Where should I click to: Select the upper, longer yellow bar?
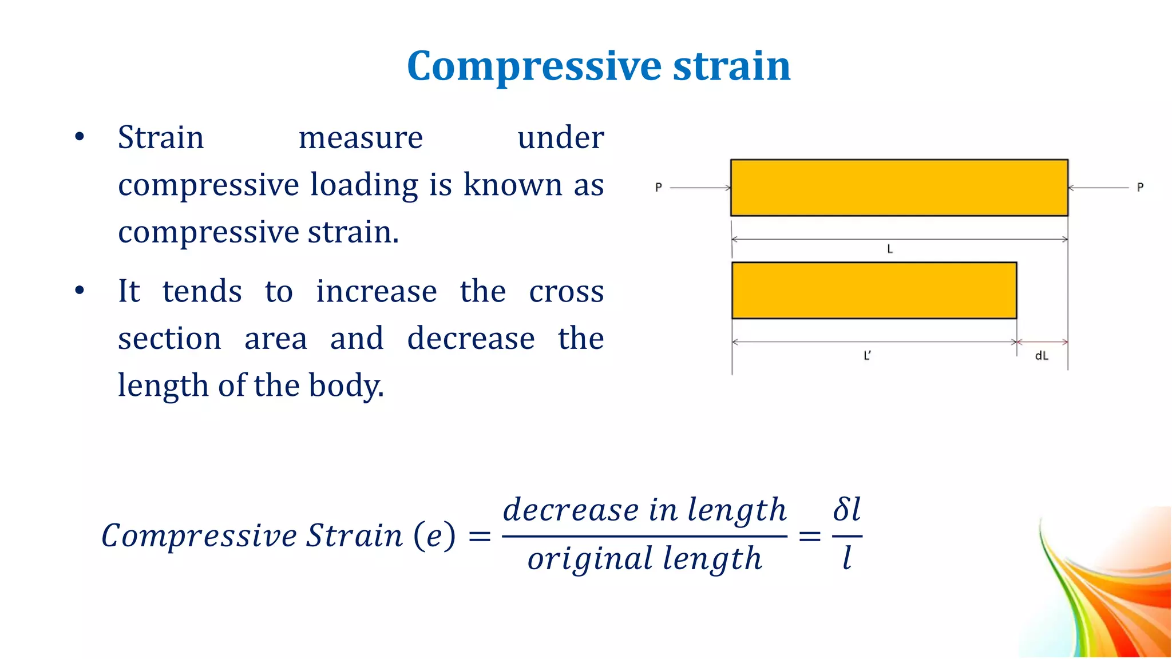[x=899, y=188]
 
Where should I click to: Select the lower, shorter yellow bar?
[x=874, y=291]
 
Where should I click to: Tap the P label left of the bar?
[x=659, y=187]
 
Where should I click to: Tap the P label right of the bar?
[x=1140, y=187]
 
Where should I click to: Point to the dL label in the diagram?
[x=1042, y=356]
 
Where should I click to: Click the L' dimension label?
[x=867, y=356]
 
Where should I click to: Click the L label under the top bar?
[x=890, y=249]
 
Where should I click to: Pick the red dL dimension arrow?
[x=1042, y=342]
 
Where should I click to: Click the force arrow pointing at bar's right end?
[x=1098, y=188]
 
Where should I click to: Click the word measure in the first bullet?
[x=361, y=138]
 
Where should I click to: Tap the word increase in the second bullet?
[x=377, y=291]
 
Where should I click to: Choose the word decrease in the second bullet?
[x=471, y=338]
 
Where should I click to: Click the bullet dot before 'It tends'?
[x=80, y=291]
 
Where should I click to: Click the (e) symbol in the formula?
[x=434, y=536]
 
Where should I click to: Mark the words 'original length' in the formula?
[x=644, y=559]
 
